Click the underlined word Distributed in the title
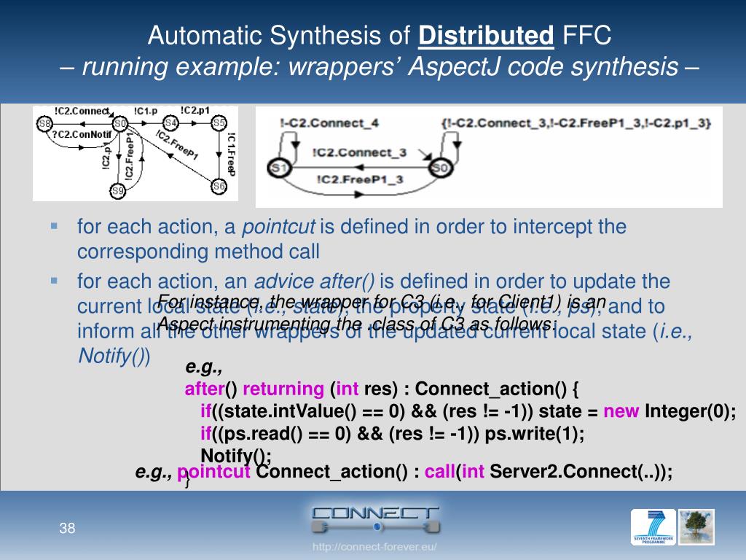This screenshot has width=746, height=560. [487, 35]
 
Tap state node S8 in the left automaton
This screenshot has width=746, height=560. [45, 123]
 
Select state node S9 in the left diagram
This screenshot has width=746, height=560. [118, 191]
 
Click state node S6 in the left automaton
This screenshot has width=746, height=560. [219, 186]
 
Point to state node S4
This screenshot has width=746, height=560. [170, 123]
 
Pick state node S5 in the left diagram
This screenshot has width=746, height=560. [219, 123]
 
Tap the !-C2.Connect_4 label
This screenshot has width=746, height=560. [329, 123]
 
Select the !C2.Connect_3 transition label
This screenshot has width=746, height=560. [360, 152]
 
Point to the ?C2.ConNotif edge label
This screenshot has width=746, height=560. [82, 135]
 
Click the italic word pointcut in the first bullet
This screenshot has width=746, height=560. [278, 227]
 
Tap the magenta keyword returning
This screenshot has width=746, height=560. [283, 389]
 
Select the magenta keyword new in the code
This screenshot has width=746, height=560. [621, 411]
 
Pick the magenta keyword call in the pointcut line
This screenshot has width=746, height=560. [440, 472]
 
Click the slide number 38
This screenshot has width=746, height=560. [68, 528]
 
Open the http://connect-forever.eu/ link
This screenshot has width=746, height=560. [374, 547]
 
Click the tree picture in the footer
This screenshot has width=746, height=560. [696, 527]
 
